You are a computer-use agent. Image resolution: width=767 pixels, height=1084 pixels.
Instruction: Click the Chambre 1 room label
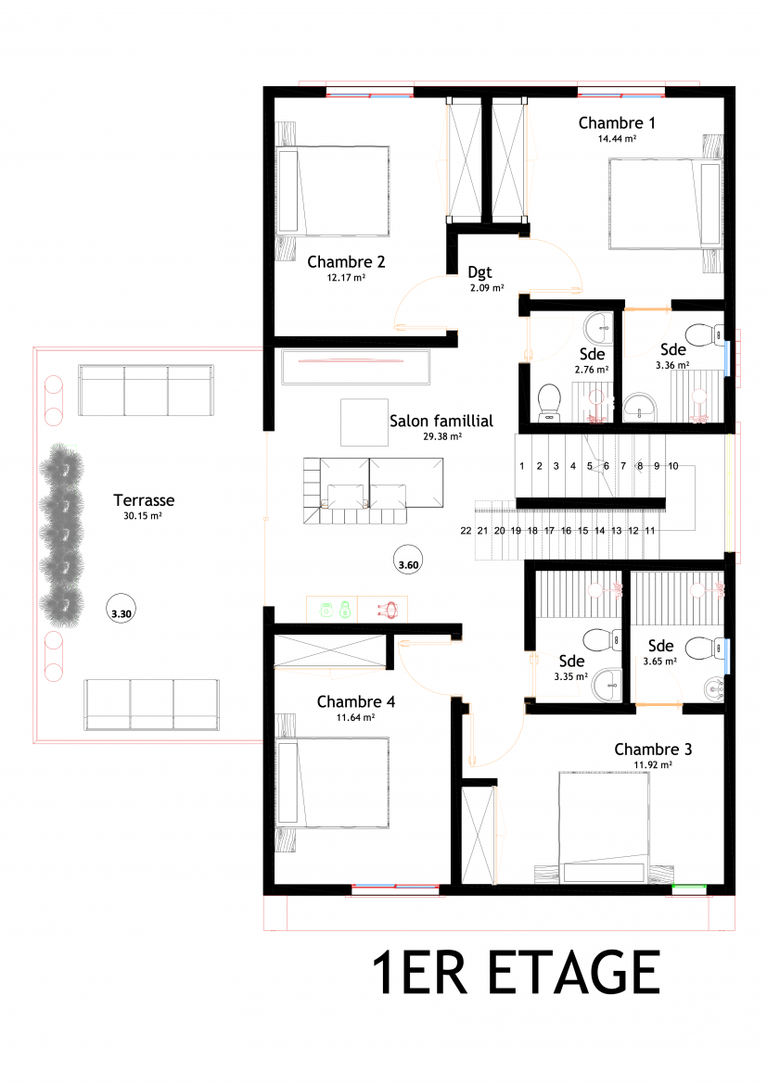pos(617,123)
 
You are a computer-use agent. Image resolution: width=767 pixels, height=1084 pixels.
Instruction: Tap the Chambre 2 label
pos(346,262)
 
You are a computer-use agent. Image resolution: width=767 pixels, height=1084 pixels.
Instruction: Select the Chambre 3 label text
pos(653,750)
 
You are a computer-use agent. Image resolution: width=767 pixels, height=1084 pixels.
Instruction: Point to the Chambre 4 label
pos(356,701)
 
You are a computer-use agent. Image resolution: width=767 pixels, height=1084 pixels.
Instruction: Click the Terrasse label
pos(144,500)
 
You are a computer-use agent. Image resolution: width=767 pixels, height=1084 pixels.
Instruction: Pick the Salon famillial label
pos(441,421)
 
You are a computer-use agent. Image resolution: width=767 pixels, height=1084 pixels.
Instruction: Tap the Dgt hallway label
pos(479,273)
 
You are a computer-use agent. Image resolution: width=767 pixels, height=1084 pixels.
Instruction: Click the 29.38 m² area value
pos(442,437)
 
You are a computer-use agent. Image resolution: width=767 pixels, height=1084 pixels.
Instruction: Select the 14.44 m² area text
pos(617,139)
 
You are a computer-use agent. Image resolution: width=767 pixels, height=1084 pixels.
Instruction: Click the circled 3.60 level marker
pos(408,560)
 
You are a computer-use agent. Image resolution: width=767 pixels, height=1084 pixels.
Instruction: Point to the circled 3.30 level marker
pos(121,609)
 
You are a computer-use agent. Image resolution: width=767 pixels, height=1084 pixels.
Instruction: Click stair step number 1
pos(522,466)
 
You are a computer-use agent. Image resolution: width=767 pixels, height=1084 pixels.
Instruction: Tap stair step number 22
pos(466,531)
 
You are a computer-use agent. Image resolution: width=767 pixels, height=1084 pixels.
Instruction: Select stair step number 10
pos(672,466)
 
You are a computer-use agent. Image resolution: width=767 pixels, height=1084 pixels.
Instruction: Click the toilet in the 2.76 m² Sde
pos(549,403)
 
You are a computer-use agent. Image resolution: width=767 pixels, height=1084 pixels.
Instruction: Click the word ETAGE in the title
pos(574,973)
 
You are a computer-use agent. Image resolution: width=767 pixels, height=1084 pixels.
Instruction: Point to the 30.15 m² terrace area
pos(143,516)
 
